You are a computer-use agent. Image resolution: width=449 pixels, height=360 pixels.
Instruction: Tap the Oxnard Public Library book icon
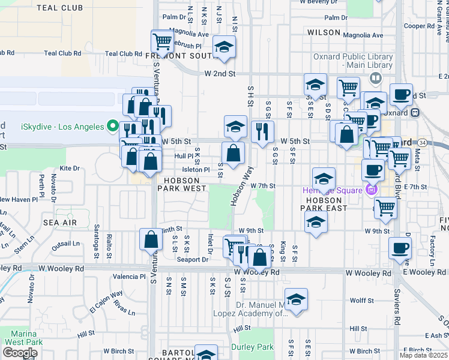(375, 77)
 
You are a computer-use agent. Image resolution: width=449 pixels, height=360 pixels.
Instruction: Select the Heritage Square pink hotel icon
(370, 190)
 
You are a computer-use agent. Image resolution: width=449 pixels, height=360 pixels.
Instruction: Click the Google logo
(20, 353)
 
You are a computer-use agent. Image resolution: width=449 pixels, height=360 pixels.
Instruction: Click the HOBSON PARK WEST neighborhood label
(182, 184)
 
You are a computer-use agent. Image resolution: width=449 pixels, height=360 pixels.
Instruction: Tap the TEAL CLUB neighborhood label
(59, 8)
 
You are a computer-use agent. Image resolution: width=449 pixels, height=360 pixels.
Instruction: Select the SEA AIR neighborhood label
(60, 222)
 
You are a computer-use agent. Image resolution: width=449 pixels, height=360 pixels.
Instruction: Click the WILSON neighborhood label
(324, 31)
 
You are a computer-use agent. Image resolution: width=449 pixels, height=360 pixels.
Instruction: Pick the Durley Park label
(253, 347)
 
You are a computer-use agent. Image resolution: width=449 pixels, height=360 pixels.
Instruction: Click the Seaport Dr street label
(193, 259)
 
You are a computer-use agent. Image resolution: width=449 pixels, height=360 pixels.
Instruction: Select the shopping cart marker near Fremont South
(163, 42)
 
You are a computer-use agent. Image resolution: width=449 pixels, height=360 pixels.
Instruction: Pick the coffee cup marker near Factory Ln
(400, 248)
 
